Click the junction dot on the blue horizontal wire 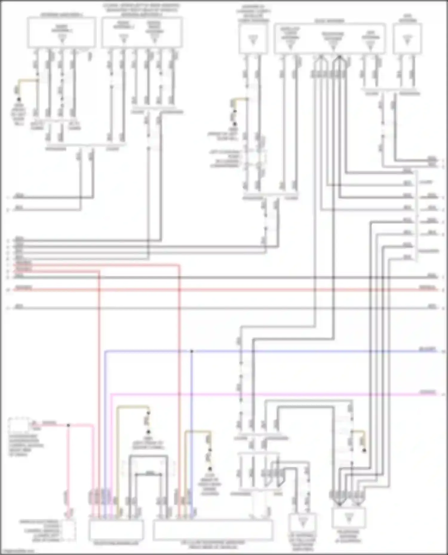pos(192,351)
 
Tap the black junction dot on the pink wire pos(68,425)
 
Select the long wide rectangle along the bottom pos(212,530)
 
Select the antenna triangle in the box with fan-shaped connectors pos(349,518)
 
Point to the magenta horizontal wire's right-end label pos(428,392)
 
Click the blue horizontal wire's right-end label pos(428,349)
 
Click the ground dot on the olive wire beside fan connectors pos(364,450)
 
